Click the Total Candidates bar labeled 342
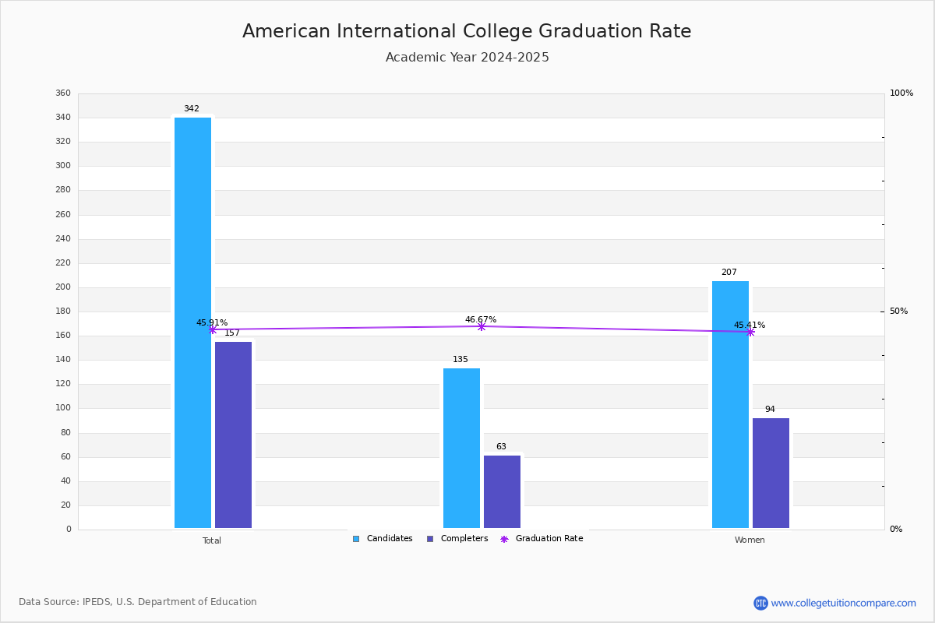[x=192, y=322]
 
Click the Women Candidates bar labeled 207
[x=730, y=404]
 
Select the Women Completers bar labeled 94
[x=771, y=473]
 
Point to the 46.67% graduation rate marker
[x=481, y=326]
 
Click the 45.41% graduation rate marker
[x=750, y=332]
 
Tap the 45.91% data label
[x=212, y=322]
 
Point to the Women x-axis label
[x=750, y=540]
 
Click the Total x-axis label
[x=212, y=540]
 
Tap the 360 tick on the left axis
[x=63, y=93]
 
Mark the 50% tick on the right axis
[x=898, y=311]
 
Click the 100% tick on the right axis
[x=901, y=93]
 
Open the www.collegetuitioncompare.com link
[x=843, y=603]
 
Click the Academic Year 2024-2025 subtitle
[x=467, y=58]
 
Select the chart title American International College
[x=467, y=31]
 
